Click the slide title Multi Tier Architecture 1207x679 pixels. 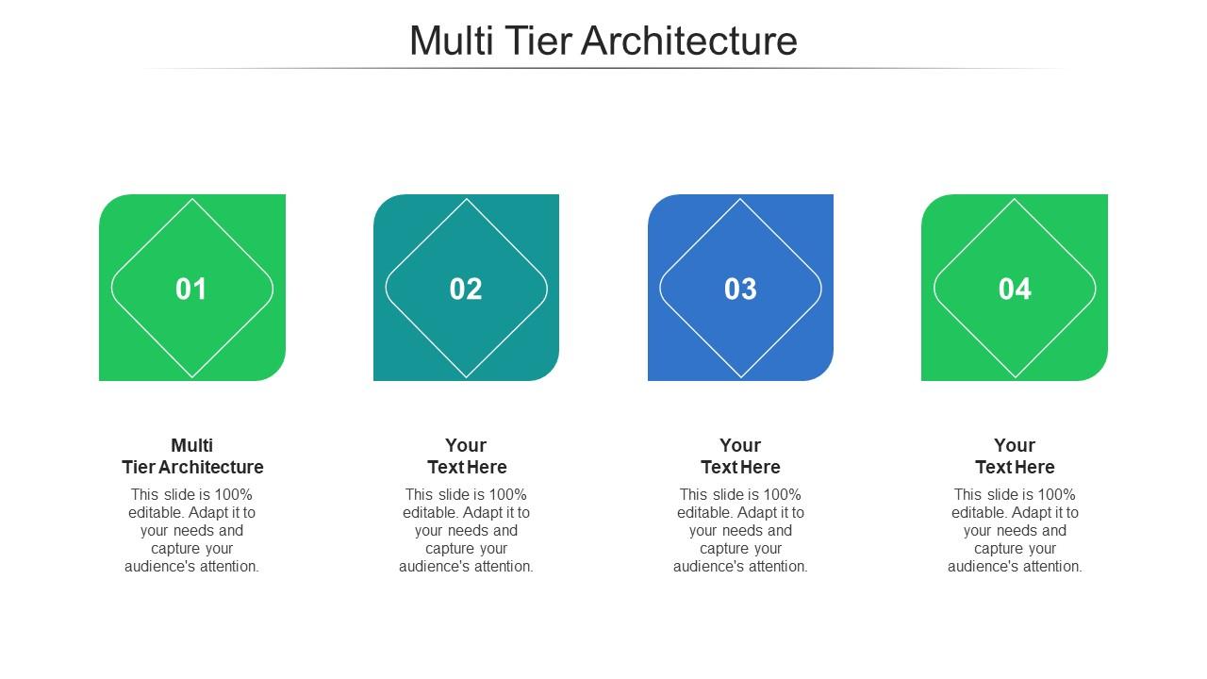click(603, 41)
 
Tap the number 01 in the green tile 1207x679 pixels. click(191, 289)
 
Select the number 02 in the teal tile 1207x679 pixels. click(466, 289)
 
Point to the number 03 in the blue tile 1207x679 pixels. click(740, 289)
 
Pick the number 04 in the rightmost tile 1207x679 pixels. click(1015, 289)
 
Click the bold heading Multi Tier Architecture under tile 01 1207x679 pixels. click(192, 456)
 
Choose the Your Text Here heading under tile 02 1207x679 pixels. click(467, 456)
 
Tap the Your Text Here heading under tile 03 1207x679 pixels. click(740, 456)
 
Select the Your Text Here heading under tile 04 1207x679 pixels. click(1015, 456)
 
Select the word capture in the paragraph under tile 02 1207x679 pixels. click(448, 549)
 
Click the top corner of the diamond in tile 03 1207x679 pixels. click(740, 200)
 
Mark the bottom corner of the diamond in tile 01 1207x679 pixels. click(192, 376)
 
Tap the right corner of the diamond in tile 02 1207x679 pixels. click(546, 289)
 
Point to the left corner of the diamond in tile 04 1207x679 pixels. click(935, 289)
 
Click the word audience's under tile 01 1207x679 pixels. click(157, 567)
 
